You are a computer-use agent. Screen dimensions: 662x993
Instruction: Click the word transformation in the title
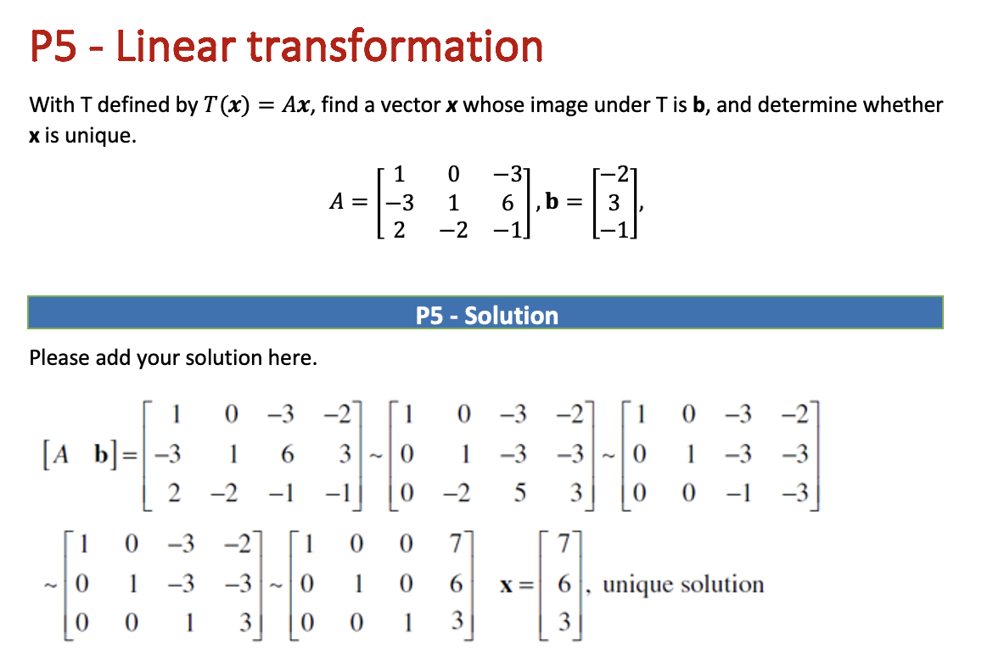pos(396,47)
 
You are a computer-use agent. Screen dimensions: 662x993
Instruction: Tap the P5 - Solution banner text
pos(487,316)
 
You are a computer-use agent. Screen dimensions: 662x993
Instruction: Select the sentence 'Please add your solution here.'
pos(173,358)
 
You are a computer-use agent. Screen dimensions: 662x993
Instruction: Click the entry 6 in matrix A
pos(508,204)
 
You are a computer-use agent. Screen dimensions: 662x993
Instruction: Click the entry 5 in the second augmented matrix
pos(517,492)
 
